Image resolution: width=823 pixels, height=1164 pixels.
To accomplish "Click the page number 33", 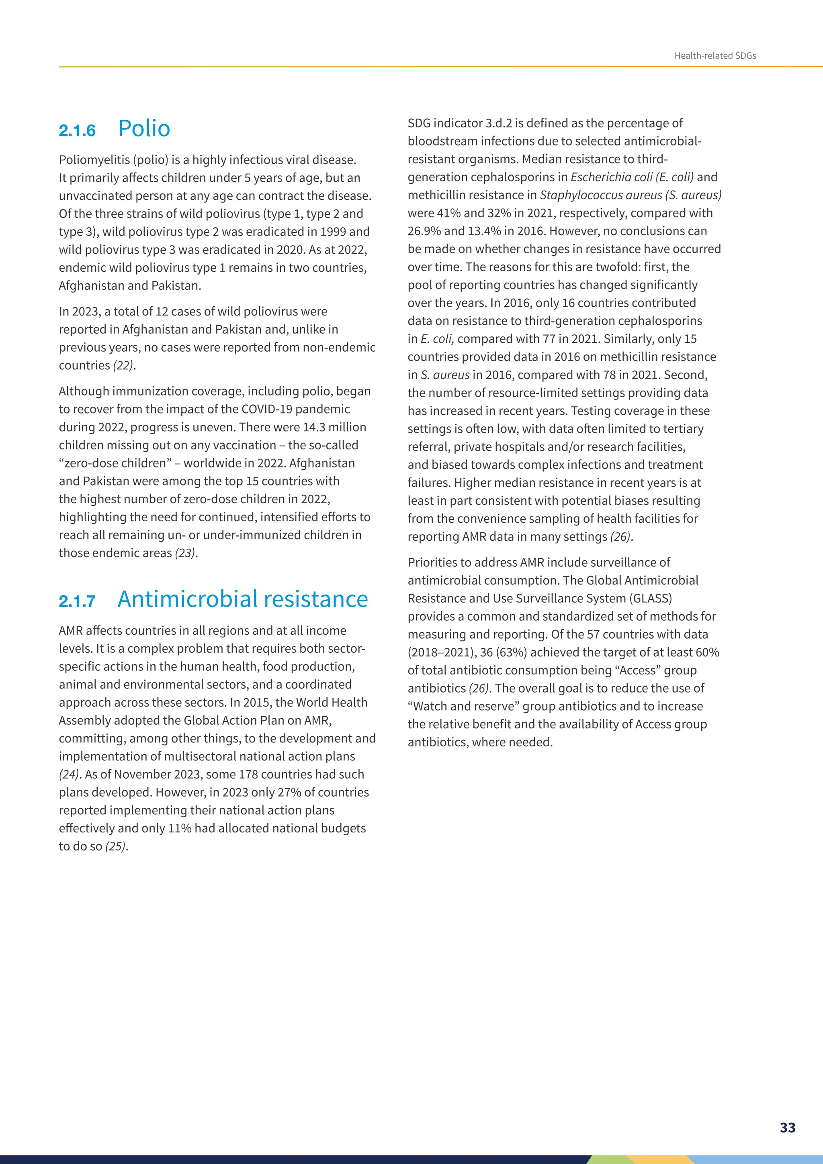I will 788,1127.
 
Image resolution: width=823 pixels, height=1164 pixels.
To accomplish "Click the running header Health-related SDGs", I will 714,56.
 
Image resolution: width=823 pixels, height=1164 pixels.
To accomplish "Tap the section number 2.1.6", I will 77,131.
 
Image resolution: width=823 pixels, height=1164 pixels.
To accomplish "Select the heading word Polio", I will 144,129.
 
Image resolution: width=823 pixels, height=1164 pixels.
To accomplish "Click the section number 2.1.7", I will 77,601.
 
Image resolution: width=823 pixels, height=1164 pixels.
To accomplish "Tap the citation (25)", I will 116,846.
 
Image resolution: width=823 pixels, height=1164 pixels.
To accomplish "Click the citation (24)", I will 69,774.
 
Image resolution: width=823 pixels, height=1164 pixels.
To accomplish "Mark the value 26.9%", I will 424,231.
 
